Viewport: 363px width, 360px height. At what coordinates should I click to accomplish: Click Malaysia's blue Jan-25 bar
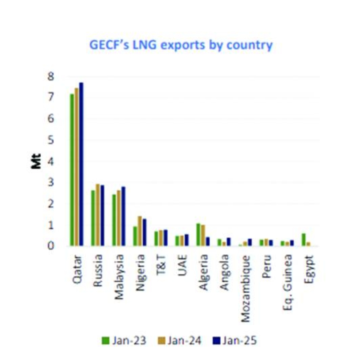pos(123,216)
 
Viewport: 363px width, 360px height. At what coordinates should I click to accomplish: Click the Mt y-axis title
pos(36,161)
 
